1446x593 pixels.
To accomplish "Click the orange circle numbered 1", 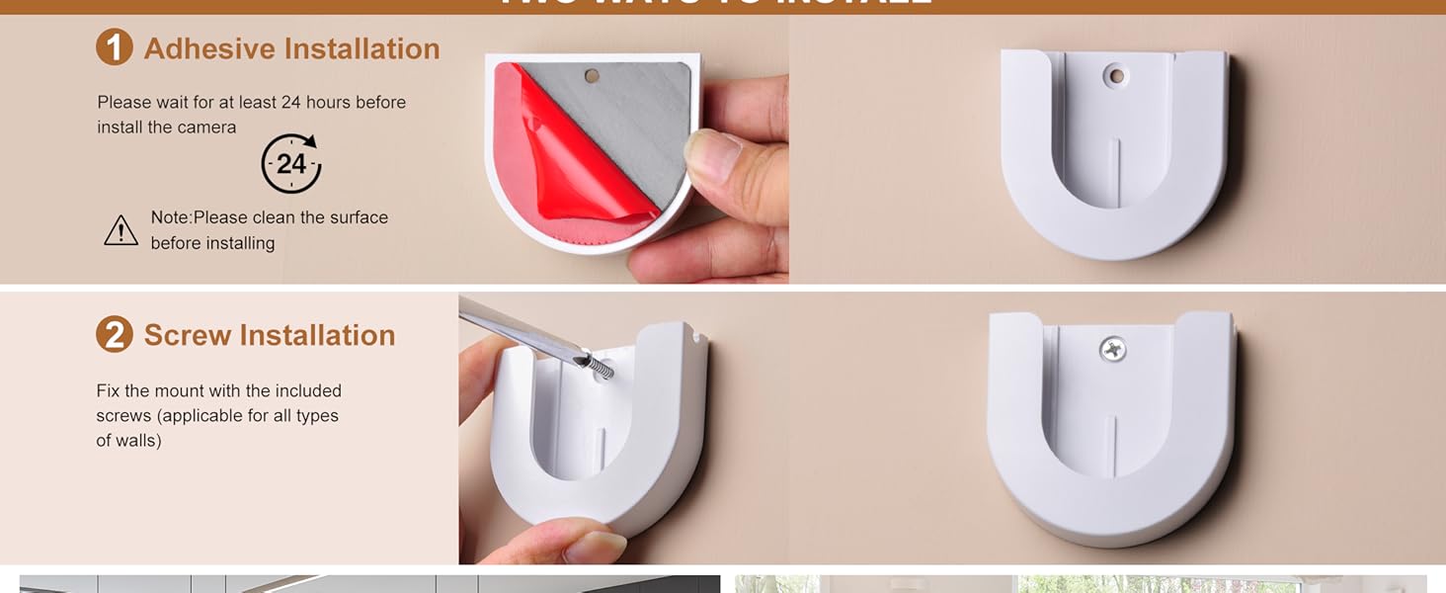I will tap(115, 47).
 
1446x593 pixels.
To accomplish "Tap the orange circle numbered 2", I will tap(115, 335).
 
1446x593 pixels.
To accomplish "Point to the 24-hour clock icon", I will tap(291, 163).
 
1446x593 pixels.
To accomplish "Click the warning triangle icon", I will tap(120, 231).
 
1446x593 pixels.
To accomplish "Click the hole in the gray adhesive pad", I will tap(593, 75).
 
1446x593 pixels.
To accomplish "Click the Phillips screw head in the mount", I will tap(1113, 348).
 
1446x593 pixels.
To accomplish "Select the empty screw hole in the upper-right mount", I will tap(1116, 74).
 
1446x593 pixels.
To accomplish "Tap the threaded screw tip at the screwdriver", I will tap(597, 367).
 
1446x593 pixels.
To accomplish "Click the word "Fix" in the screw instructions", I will tap(109, 390).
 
